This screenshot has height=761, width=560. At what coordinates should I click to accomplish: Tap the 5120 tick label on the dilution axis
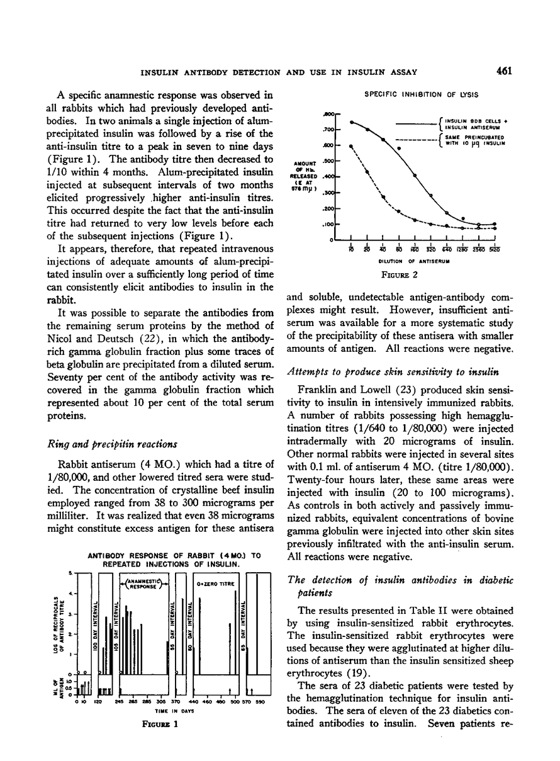tap(495, 248)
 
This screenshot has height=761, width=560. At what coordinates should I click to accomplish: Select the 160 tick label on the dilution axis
tap(415, 248)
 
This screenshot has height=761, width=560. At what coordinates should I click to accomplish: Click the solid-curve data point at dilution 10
tap(351, 121)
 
